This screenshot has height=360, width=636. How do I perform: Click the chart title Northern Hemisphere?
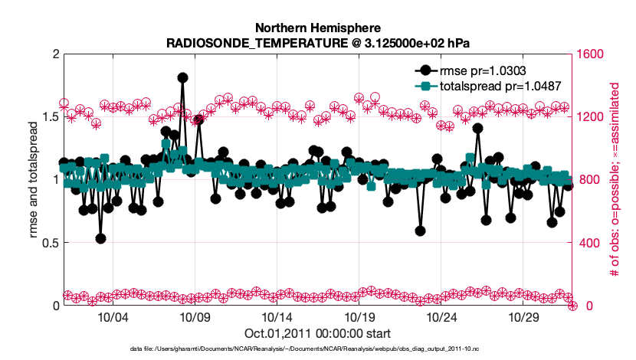coord(316,28)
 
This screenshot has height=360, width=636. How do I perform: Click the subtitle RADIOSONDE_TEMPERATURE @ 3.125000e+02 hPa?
coord(316,42)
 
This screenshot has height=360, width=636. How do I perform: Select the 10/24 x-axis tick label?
coord(441,317)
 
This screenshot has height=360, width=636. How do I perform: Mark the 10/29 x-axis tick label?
coord(523,317)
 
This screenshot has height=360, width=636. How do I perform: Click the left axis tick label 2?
coord(54,54)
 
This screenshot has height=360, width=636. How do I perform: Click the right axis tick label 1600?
coord(593,54)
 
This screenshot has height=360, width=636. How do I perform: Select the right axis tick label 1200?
coord(593,117)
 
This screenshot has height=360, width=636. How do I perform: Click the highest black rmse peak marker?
coord(182,77)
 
